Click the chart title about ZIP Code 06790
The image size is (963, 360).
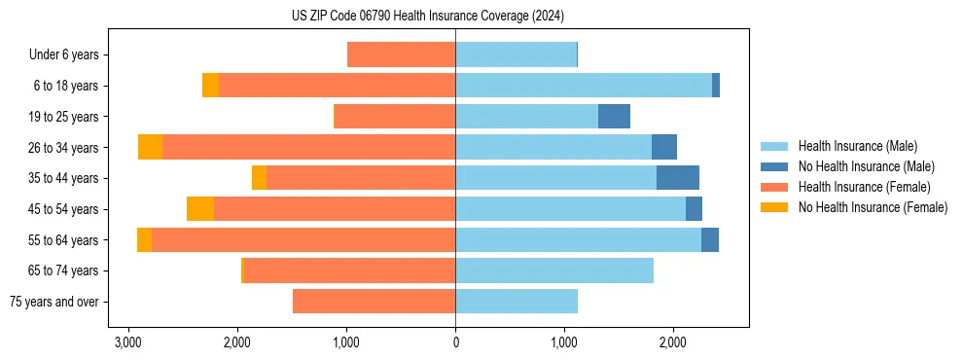click(x=427, y=17)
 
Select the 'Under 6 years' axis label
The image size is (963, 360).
click(x=69, y=54)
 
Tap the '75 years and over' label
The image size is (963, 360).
click(x=54, y=302)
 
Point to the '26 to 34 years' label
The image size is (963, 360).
click(x=64, y=147)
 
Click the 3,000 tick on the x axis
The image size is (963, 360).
click(x=128, y=342)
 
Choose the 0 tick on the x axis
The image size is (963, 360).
click(x=455, y=342)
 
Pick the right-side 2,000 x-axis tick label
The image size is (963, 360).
click(x=673, y=342)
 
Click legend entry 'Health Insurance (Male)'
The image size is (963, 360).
click(x=857, y=146)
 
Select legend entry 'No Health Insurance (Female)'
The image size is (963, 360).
click(x=873, y=207)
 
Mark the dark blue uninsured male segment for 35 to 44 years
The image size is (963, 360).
click(x=678, y=178)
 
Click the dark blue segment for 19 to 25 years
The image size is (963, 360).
click(x=614, y=117)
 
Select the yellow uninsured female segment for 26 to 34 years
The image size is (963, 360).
click(x=150, y=147)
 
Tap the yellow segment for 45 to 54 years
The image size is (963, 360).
click(x=200, y=209)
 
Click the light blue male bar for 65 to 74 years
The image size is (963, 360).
click(x=554, y=270)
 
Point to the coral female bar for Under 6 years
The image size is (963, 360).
click(x=401, y=54)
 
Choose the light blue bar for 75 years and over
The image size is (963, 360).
click(x=517, y=302)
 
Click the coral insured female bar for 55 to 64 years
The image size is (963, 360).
click(x=303, y=239)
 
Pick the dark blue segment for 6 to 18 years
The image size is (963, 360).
click(x=716, y=86)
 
